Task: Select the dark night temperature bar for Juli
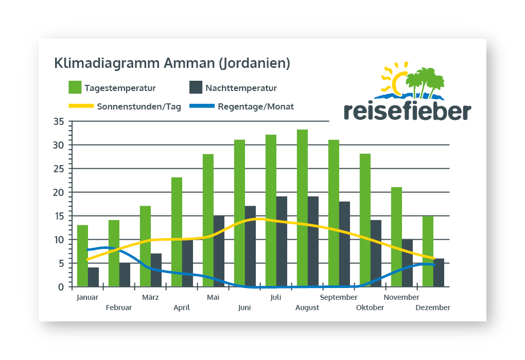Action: pyautogui.click(x=282, y=242)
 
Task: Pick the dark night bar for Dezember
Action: pyautogui.click(x=439, y=273)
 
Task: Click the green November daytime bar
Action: pyautogui.click(x=396, y=237)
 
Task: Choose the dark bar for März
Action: pyautogui.click(x=156, y=270)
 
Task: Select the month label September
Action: pyautogui.click(x=339, y=297)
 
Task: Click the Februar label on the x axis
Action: pyautogui.click(x=119, y=308)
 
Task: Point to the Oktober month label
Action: pyautogui.click(x=370, y=308)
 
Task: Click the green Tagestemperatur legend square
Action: pyautogui.click(x=75, y=87)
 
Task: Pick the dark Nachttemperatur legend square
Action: pyautogui.click(x=196, y=87)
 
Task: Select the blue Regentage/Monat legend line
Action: pyautogui.click(x=201, y=106)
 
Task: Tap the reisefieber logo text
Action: pyautogui.click(x=407, y=111)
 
